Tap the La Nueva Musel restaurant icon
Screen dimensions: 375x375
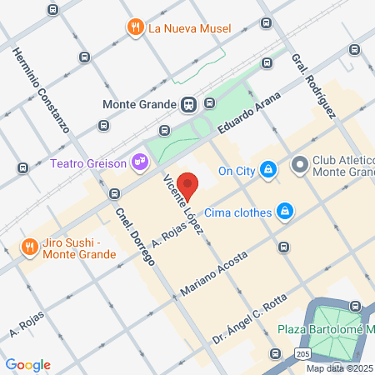click(135, 28)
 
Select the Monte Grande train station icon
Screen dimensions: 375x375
click(189, 104)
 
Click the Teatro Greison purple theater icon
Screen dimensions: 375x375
click(141, 161)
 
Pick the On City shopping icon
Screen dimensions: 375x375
click(267, 171)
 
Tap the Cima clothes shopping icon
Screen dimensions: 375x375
click(285, 212)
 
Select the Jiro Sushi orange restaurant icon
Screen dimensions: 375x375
click(29, 247)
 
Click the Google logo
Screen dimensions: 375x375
click(27, 365)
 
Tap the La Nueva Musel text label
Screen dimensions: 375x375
click(188, 28)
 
